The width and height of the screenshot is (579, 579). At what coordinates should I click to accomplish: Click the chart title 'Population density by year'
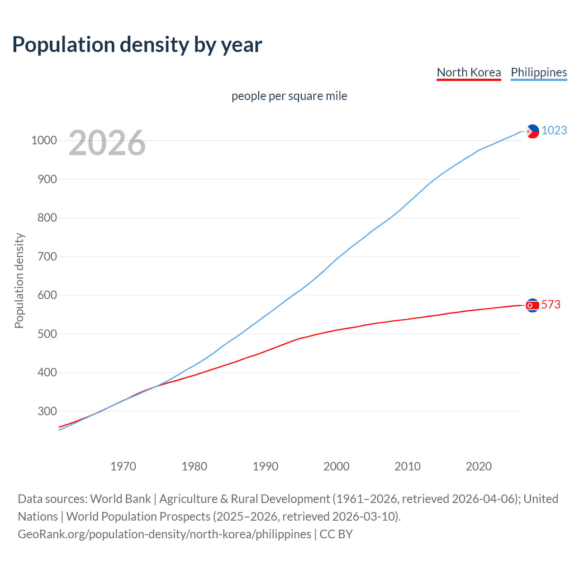point(137,45)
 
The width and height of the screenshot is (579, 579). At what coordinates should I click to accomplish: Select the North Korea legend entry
point(469,72)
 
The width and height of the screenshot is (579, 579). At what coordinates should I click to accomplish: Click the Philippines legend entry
point(539,72)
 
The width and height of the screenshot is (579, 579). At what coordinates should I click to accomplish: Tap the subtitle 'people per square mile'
point(289,96)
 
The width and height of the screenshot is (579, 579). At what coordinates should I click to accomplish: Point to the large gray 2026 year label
point(107,143)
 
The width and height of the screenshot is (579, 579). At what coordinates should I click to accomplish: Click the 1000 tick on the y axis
point(44,141)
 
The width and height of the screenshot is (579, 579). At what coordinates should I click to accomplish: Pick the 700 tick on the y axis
point(47,256)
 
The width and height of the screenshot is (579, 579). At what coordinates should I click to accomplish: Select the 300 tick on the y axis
point(47,411)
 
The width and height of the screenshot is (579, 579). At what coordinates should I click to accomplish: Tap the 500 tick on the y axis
point(47,334)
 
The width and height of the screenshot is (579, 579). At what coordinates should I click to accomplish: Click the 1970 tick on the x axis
point(123,466)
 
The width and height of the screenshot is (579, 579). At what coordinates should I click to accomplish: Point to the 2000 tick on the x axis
point(337,466)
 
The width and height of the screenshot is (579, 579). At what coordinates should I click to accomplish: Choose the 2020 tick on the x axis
point(479,466)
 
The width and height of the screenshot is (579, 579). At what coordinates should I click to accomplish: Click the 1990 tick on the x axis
point(266,466)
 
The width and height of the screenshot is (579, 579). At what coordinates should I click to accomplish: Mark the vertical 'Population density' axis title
point(19,280)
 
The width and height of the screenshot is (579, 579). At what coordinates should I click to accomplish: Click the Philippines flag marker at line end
point(533,131)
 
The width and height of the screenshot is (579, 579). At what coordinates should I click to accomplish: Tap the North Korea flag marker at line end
point(533,305)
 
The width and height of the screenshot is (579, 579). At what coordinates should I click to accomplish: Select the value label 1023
point(554,130)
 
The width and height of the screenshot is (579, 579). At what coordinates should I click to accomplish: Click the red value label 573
point(551,304)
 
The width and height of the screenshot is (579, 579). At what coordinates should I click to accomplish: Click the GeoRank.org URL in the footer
point(164,534)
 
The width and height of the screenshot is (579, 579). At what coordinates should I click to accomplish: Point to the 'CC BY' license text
point(336,534)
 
